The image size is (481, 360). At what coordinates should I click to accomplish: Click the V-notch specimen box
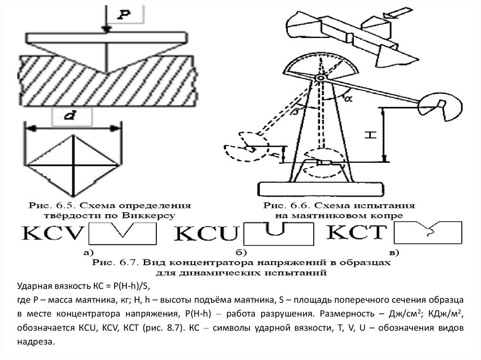(x=122, y=233)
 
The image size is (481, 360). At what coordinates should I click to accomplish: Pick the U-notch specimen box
(x=279, y=234)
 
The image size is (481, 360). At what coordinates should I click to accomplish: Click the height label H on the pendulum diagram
(x=371, y=135)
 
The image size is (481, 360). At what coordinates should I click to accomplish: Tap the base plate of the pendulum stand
(x=319, y=189)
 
